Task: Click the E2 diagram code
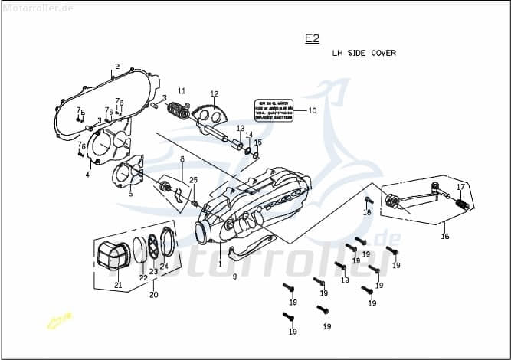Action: (x=312, y=38)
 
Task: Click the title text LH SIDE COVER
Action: (x=364, y=54)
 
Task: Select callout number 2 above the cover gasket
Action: (x=116, y=67)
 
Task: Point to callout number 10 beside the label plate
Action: (x=312, y=110)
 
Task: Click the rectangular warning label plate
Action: (x=273, y=110)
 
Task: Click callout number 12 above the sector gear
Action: (x=215, y=93)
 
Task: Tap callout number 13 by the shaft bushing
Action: (x=240, y=128)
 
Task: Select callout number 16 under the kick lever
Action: (x=444, y=237)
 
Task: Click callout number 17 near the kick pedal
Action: (x=460, y=187)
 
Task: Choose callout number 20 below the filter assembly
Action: (x=153, y=295)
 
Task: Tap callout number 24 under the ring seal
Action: (x=164, y=267)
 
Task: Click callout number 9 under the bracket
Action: (x=234, y=276)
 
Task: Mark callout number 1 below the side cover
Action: (x=220, y=264)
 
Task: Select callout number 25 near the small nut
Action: (x=193, y=180)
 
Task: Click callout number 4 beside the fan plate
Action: (x=87, y=175)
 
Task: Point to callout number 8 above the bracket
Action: (x=182, y=159)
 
